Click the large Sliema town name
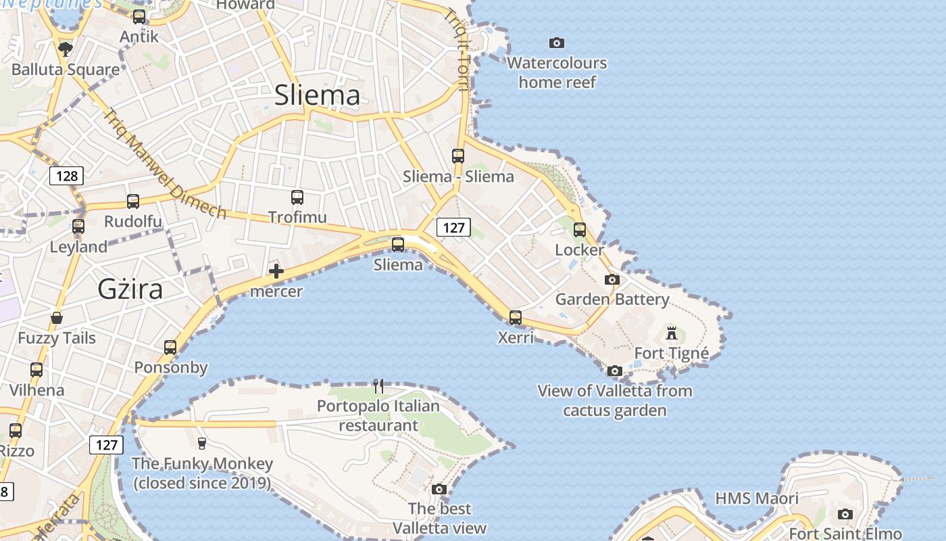(317, 95)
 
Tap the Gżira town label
(130, 289)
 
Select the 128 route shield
(66, 177)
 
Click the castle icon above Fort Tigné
(672, 333)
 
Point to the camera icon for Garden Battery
(612, 279)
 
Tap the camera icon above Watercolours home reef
(557, 43)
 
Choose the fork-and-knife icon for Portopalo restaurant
(378, 386)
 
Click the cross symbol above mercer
(276, 272)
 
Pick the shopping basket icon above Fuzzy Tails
(57, 318)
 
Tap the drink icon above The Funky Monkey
(201, 444)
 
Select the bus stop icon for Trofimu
(297, 197)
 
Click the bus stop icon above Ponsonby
(170, 348)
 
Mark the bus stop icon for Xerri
(516, 317)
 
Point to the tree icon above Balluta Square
(66, 49)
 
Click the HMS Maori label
(757, 498)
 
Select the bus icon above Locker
(580, 230)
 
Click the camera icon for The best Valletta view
(439, 489)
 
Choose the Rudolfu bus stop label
(133, 222)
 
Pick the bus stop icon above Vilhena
(36, 370)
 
